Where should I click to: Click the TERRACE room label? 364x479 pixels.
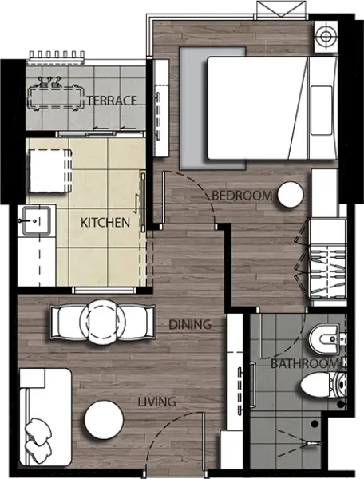click(112, 101)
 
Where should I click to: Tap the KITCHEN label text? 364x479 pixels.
click(105, 223)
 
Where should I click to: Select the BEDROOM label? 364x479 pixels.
click(242, 196)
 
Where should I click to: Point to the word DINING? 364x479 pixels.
click(190, 324)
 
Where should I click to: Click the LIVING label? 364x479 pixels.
click(157, 402)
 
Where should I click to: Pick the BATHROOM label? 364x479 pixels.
click(305, 363)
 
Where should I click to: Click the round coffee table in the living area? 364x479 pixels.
click(104, 420)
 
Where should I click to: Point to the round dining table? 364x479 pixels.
click(102, 322)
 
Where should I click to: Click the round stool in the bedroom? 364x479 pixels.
click(291, 196)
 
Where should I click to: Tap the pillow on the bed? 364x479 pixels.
click(321, 110)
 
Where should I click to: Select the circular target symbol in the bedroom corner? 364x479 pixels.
click(326, 37)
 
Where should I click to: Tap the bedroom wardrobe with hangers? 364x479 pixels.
click(327, 261)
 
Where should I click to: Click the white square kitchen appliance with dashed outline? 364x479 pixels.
click(50, 171)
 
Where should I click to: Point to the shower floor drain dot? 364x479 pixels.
click(315, 424)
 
